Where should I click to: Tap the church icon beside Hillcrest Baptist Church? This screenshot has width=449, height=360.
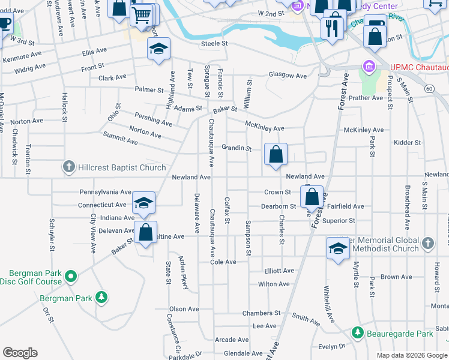pos(70,167)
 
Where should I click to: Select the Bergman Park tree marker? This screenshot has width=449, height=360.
pos(101,298)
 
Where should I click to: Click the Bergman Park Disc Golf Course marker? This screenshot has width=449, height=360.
pos(71,277)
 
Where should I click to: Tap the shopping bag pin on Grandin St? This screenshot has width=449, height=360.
pos(276,155)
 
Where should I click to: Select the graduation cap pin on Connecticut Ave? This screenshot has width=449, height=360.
pos(143,204)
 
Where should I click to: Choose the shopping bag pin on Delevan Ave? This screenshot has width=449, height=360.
pos(145,232)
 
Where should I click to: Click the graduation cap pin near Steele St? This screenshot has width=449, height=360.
pos(158,50)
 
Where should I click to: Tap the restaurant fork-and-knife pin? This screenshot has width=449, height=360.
pos(332,27)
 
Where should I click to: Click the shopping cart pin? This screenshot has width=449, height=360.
pos(141,16)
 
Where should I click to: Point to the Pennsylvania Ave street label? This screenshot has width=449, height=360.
pos(105,193)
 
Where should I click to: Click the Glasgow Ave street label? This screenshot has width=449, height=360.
pos(288,76)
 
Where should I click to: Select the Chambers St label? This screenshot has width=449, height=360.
pos(261,313)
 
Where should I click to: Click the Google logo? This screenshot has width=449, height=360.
pos(20,353)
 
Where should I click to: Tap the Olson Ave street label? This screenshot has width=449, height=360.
pos(184,309)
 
